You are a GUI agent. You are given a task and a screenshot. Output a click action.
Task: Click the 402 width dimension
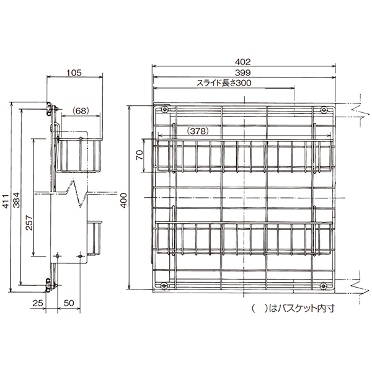[242, 62]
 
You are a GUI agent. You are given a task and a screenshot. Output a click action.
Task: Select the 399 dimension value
[242, 73]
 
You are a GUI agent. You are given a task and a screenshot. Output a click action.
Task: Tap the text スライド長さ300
[224, 83]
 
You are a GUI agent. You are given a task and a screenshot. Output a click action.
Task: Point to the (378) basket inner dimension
[198, 131]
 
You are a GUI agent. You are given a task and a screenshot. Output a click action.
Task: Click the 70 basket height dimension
[139, 155]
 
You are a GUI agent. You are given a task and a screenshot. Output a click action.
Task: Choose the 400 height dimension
[124, 200]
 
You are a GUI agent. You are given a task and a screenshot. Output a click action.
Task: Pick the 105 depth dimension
[74, 73]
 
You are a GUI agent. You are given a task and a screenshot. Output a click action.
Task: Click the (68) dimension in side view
[81, 110]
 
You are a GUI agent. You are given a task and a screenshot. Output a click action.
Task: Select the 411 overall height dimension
[6, 201]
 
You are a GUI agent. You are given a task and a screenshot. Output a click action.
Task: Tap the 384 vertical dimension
[16, 200]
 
